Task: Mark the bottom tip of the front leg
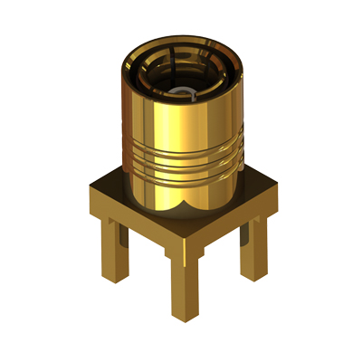185,317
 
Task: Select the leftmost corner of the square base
88,192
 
